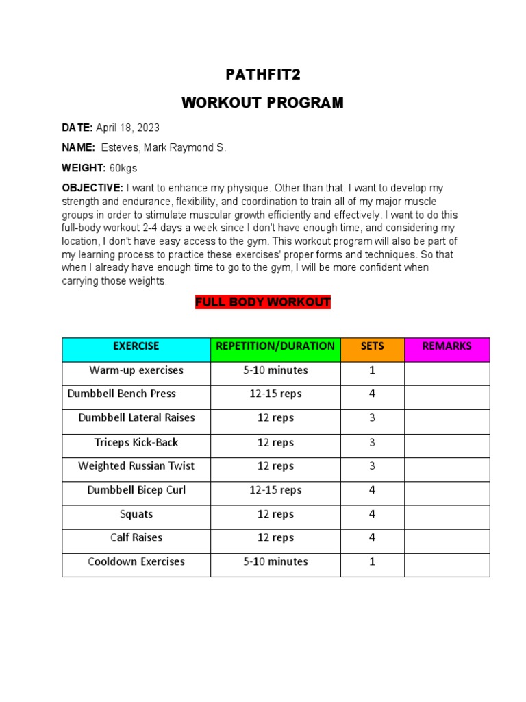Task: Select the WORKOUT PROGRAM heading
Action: click(263, 103)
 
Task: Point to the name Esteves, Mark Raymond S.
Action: click(163, 147)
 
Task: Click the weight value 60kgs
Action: click(123, 168)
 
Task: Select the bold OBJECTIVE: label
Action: click(92, 188)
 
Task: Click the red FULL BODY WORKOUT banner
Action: click(263, 302)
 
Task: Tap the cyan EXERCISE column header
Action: click(136, 346)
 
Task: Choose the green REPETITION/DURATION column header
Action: click(275, 346)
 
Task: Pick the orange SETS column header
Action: click(373, 346)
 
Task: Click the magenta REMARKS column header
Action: click(447, 346)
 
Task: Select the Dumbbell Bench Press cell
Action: click(122, 394)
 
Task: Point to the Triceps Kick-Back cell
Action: click(136, 442)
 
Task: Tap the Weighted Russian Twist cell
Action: click(136, 466)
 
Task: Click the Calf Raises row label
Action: click(136, 538)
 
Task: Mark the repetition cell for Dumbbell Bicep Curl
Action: click(275, 490)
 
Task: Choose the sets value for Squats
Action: click(373, 514)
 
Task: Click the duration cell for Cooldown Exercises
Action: click(275, 562)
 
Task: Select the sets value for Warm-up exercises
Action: click(373, 370)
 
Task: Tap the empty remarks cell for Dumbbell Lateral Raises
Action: click(447, 418)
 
